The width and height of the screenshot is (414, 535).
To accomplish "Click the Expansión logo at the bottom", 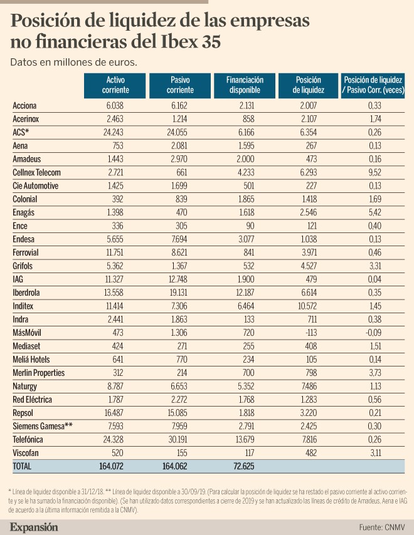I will (x=34, y=527).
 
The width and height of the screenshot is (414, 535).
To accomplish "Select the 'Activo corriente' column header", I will (x=115, y=85).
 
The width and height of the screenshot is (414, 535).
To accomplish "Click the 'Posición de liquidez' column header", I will (x=307, y=85).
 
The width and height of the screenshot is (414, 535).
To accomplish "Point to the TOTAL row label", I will (x=22, y=466).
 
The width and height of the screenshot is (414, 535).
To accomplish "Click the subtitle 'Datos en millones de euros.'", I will (x=73, y=62).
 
